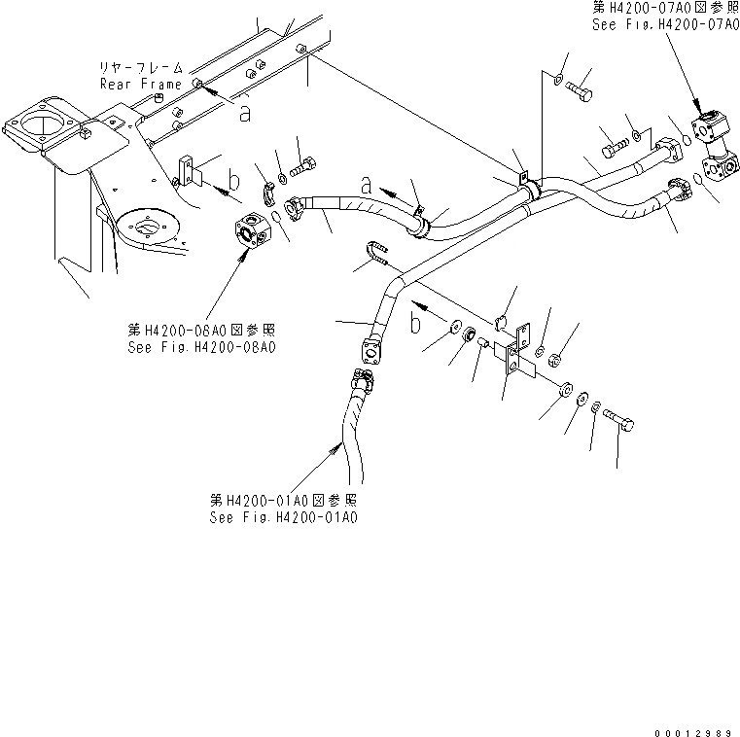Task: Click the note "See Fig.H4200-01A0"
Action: click(x=283, y=518)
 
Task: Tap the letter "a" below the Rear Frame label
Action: click(x=245, y=113)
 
